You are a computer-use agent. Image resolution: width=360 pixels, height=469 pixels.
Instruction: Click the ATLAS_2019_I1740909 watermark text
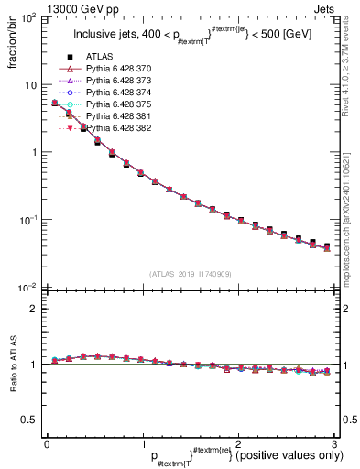coord(191,274)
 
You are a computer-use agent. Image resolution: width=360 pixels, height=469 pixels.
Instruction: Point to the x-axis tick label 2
coord(238,443)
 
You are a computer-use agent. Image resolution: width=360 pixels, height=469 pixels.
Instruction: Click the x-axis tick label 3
coord(334,443)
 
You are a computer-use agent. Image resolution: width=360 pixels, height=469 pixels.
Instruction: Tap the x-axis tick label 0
coord(47,443)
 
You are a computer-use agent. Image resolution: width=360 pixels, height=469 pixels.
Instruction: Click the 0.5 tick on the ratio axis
coord(31,420)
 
